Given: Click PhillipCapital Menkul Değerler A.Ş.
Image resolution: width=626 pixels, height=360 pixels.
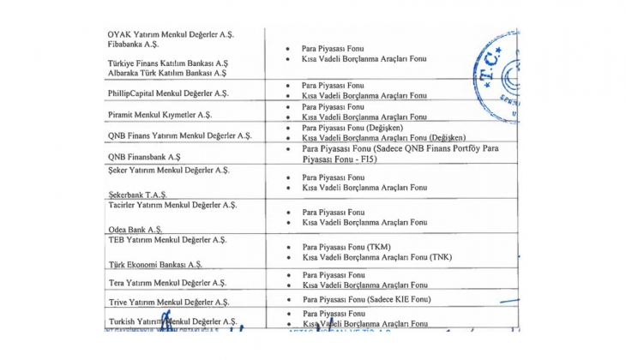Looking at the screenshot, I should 168,93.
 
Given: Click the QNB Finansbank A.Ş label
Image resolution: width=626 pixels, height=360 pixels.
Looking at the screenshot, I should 144,157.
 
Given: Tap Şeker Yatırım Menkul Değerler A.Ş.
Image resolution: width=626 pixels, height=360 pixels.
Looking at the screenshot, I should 169,171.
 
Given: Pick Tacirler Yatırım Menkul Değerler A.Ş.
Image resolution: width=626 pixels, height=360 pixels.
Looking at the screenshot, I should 172,205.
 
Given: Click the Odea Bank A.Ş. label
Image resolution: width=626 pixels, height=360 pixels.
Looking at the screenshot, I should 137,229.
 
